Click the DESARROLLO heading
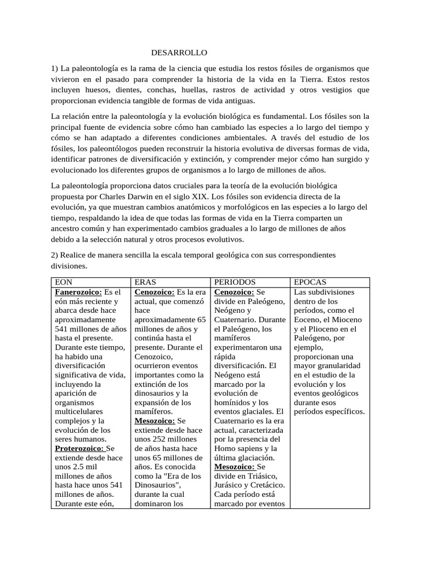click(x=180, y=53)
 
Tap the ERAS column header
click(x=146, y=282)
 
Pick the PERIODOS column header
click(x=234, y=282)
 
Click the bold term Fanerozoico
click(x=78, y=292)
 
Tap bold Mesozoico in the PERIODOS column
click(x=235, y=467)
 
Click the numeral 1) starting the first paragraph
click(x=55, y=68)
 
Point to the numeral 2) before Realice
click(x=55, y=255)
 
